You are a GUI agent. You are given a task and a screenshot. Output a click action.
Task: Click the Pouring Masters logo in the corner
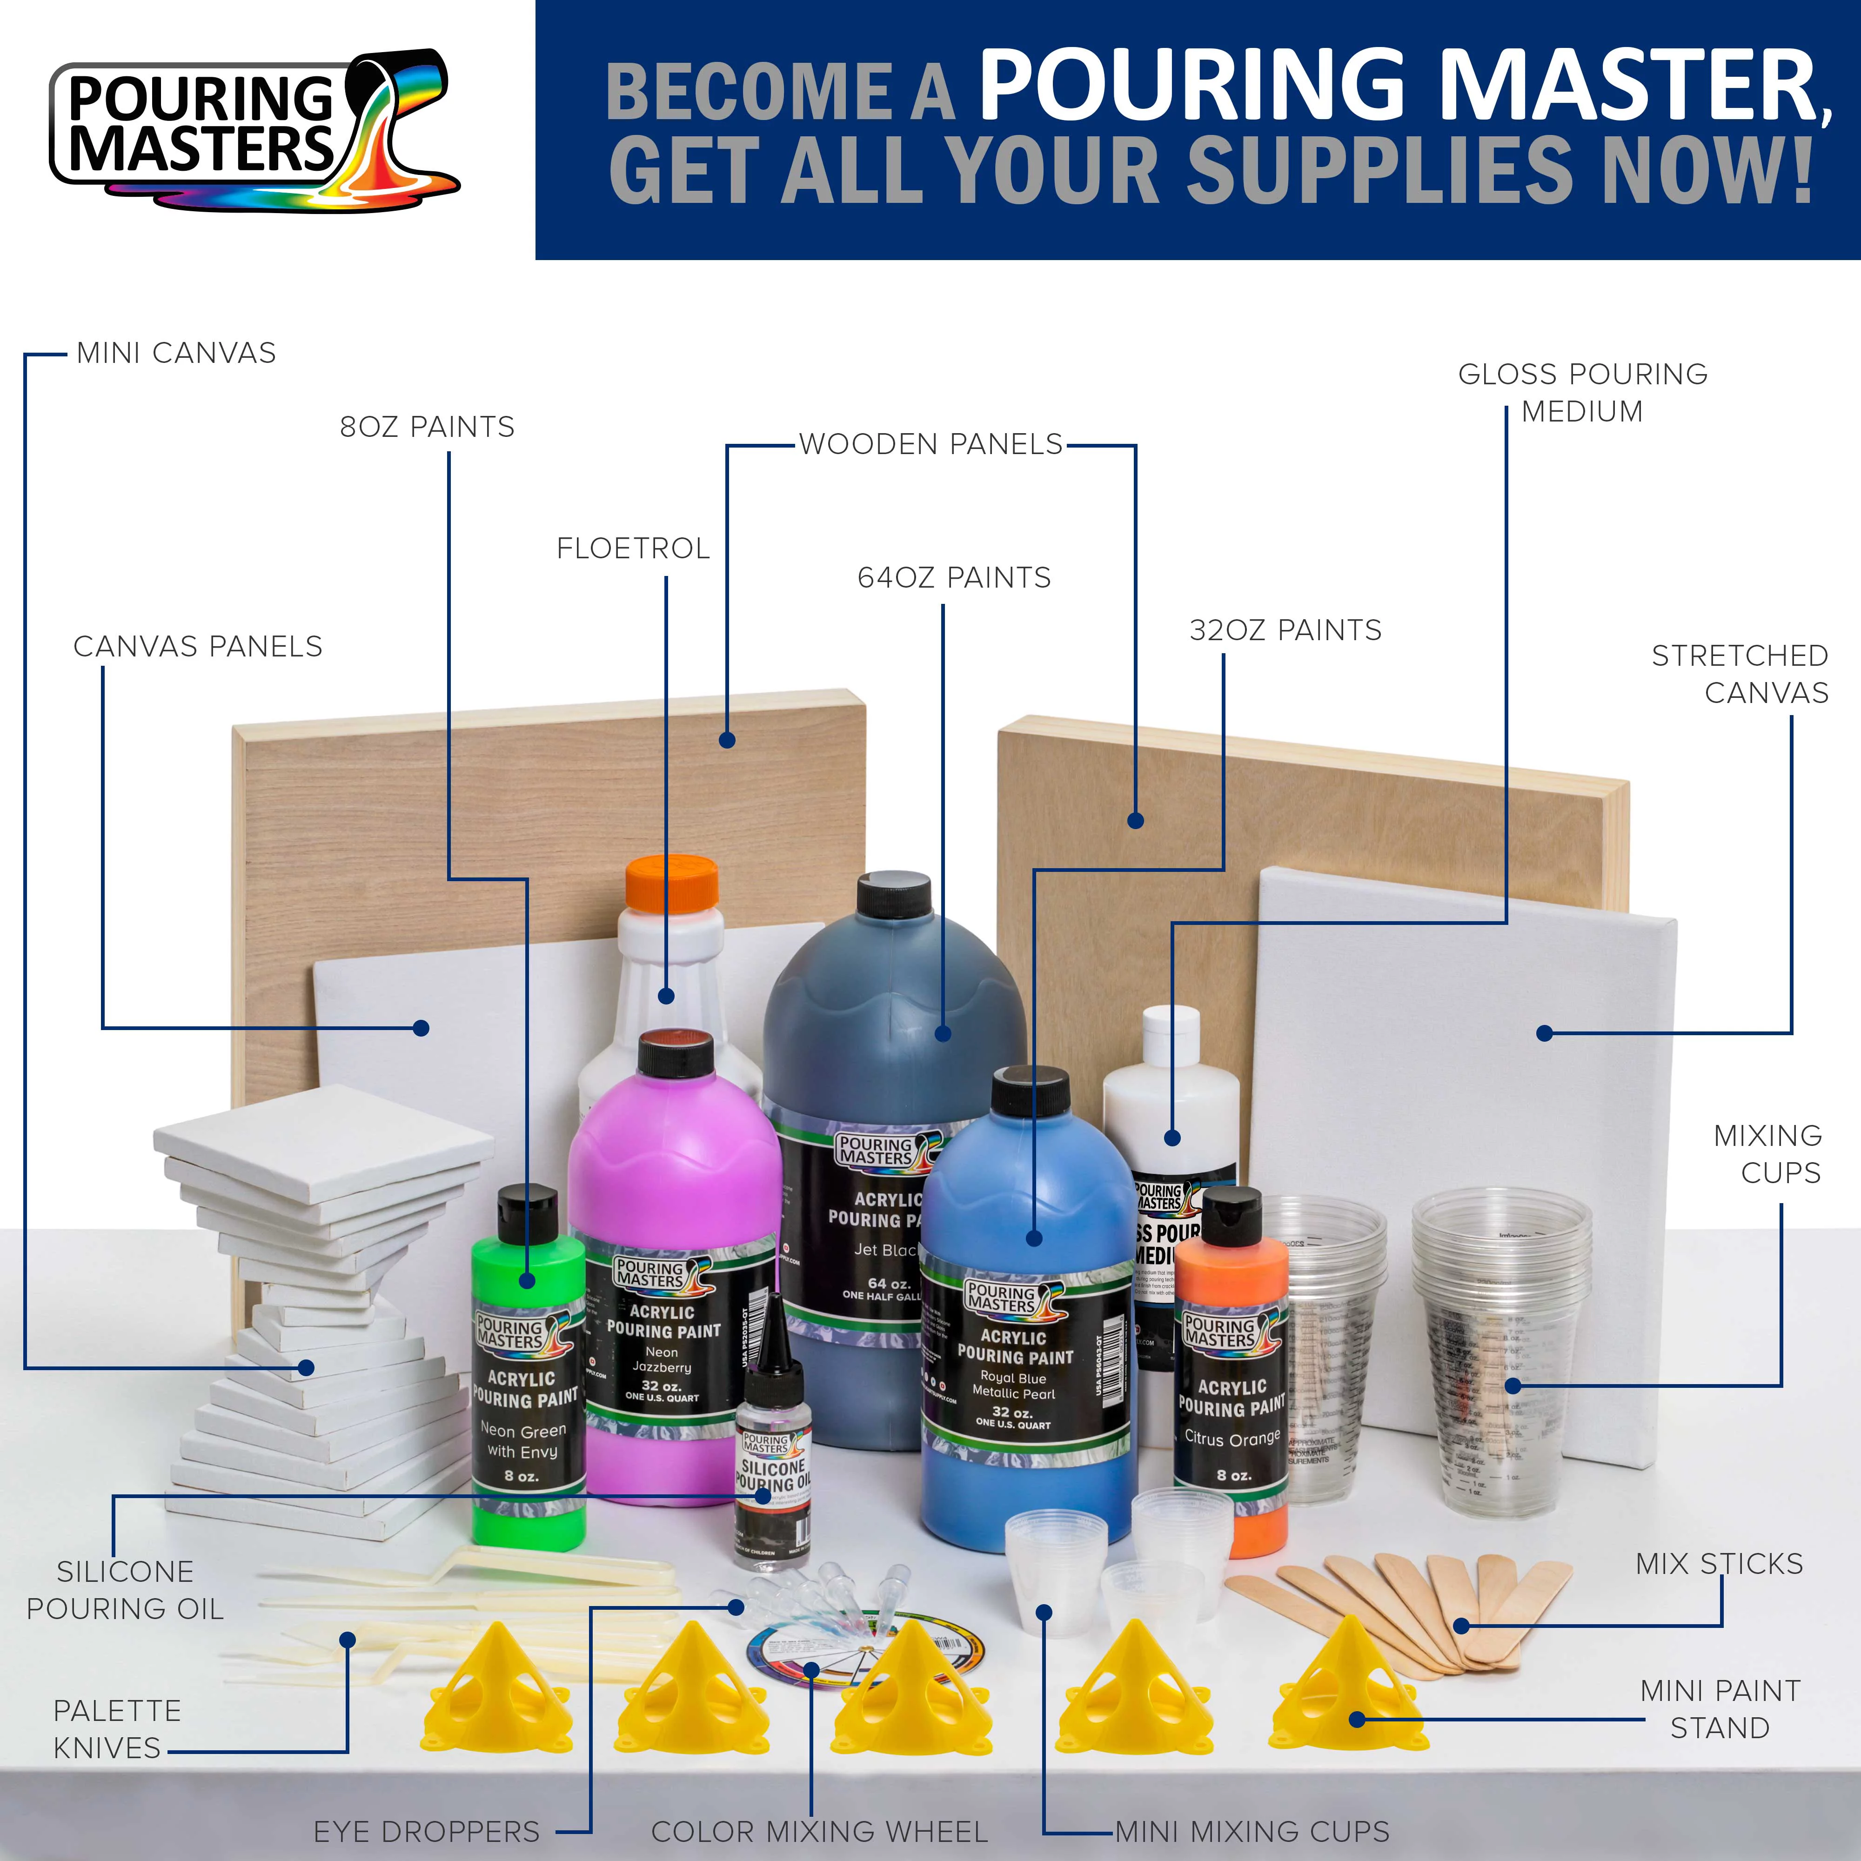coord(252,130)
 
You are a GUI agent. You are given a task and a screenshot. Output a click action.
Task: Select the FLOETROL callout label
coord(633,549)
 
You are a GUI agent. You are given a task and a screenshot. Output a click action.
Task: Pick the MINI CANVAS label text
coord(176,354)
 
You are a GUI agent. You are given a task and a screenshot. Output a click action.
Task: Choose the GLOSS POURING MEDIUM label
coord(1583,392)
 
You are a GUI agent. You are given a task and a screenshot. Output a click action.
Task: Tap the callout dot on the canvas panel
coord(421,1028)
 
